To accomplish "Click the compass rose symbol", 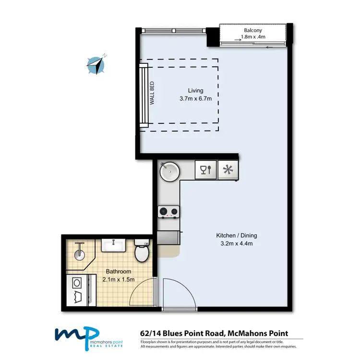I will pyautogui.click(x=96, y=65).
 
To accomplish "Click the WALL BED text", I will pyautogui.click(x=152, y=94).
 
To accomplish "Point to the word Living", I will pyautogui.click(x=195, y=90).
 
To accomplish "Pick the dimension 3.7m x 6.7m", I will pyautogui.click(x=195, y=99).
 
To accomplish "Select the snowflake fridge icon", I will pyautogui.click(x=228, y=170).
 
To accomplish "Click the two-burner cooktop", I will pyautogui.click(x=168, y=211).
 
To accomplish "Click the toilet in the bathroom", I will pyautogui.click(x=142, y=252).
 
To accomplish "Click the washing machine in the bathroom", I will pyautogui.click(x=77, y=290).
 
